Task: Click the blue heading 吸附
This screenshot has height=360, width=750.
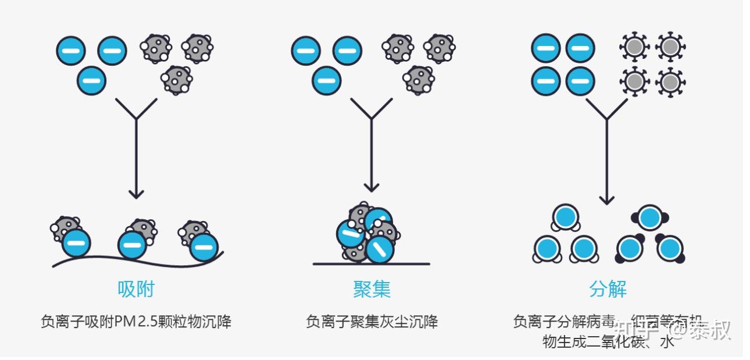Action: (x=136, y=289)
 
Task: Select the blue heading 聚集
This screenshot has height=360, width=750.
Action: (x=372, y=289)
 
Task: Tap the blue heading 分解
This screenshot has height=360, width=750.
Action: (x=608, y=289)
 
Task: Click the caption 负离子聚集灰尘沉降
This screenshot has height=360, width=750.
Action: (x=372, y=322)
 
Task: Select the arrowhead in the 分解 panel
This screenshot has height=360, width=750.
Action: (x=607, y=199)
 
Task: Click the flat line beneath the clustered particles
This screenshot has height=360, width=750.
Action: (x=372, y=264)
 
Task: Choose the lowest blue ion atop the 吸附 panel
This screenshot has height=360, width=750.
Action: (x=91, y=80)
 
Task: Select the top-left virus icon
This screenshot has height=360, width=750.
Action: (x=633, y=47)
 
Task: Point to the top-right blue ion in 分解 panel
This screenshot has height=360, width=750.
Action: (x=580, y=48)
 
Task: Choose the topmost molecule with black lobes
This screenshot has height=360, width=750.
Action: (x=649, y=218)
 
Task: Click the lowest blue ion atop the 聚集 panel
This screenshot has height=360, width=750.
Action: (x=327, y=80)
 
